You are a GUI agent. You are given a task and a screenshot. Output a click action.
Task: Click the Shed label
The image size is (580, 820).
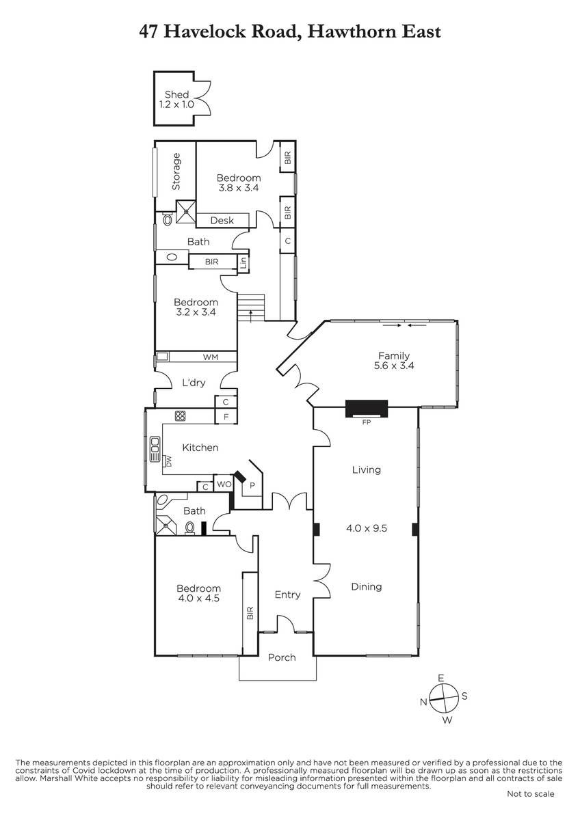click(x=176, y=94)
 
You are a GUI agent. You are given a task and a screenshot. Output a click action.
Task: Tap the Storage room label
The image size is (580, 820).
click(x=176, y=172)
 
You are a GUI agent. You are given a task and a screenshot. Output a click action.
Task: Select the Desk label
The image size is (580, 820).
click(x=222, y=220)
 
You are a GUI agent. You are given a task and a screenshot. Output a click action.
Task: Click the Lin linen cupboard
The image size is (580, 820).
click(x=243, y=263)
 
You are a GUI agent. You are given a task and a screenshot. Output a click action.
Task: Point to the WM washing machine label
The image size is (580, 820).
click(x=210, y=357)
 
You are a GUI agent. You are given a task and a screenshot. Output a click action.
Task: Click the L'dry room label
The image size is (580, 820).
click(x=194, y=383)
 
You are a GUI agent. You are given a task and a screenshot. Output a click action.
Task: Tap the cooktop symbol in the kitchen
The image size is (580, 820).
click(x=180, y=416)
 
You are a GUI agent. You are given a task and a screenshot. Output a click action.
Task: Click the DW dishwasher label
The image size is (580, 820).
click(x=168, y=461)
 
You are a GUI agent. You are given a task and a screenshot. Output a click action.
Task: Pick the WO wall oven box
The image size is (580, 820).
click(x=224, y=484)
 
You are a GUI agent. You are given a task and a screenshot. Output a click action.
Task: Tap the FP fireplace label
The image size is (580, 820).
click(x=367, y=422)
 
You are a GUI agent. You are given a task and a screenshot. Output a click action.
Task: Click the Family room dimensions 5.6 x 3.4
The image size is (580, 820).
click(x=394, y=366)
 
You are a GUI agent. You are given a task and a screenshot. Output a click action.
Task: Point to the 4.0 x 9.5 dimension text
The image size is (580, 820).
click(x=367, y=528)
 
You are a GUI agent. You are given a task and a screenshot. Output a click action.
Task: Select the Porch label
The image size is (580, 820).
click(x=282, y=658)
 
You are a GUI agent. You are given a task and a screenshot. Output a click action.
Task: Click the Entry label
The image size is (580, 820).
click(x=288, y=595)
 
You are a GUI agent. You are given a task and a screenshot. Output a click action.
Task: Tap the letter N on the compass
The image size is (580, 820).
click(x=423, y=702)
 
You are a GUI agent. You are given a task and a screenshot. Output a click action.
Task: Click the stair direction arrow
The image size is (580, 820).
click(x=251, y=316)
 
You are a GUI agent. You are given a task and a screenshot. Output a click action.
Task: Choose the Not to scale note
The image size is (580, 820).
click(x=530, y=804)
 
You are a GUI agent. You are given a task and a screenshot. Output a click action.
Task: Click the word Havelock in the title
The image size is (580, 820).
click(x=205, y=31)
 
